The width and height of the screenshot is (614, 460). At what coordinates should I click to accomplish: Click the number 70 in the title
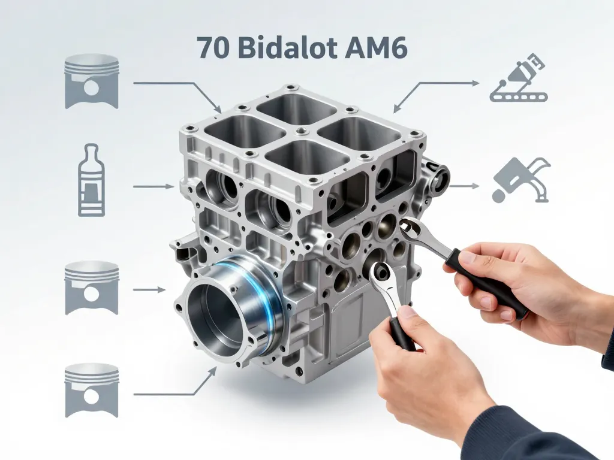(x=212, y=48)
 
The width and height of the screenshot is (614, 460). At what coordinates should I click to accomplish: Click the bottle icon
(x=91, y=180)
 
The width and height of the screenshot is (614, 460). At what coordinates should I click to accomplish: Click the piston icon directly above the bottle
(x=91, y=81)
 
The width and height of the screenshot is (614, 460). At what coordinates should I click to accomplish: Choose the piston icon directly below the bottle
(x=91, y=287)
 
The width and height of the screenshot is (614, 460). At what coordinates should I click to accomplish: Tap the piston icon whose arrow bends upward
(x=91, y=390)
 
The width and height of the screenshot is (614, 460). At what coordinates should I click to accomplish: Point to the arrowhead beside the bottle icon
(x=170, y=187)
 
